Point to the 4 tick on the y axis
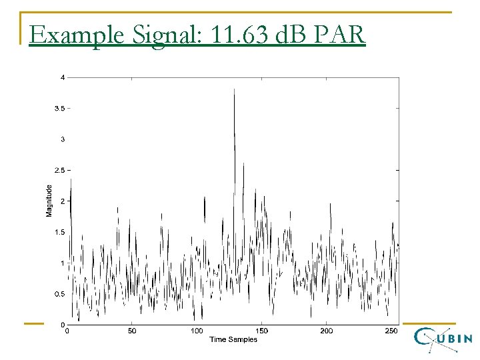(63, 77)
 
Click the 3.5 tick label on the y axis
(60, 108)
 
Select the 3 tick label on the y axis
(63, 139)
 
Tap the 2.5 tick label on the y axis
(60, 170)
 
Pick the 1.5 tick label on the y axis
(60, 232)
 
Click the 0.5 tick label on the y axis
(60, 294)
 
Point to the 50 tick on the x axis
(132, 331)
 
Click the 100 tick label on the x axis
(197, 331)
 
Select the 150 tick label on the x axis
(262, 331)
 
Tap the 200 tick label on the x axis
(327, 331)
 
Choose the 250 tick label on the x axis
(391, 331)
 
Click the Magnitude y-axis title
(49, 201)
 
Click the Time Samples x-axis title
(233, 340)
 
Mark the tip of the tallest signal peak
(234, 89)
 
